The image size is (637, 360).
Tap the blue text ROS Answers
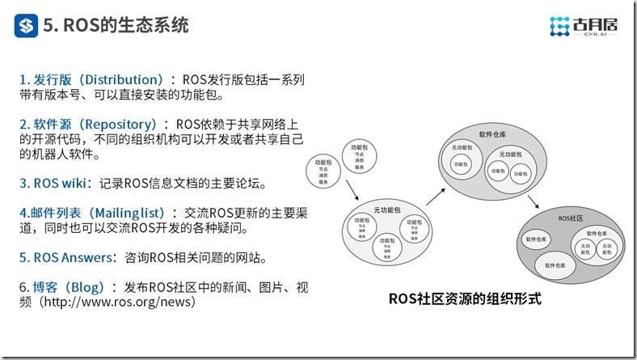(67, 258)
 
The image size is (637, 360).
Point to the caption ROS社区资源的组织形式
(464, 299)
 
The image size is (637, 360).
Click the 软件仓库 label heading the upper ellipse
(492, 134)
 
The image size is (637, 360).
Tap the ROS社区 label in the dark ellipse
(570, 219)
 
